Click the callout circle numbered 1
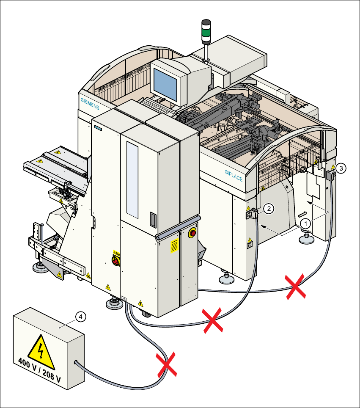(304, 222)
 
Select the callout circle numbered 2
(269, 208)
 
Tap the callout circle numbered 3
(341, 168)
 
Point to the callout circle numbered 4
(81, 316)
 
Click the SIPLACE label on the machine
(234, 175)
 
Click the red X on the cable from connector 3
(295, 287)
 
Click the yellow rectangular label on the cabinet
(173, 245)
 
